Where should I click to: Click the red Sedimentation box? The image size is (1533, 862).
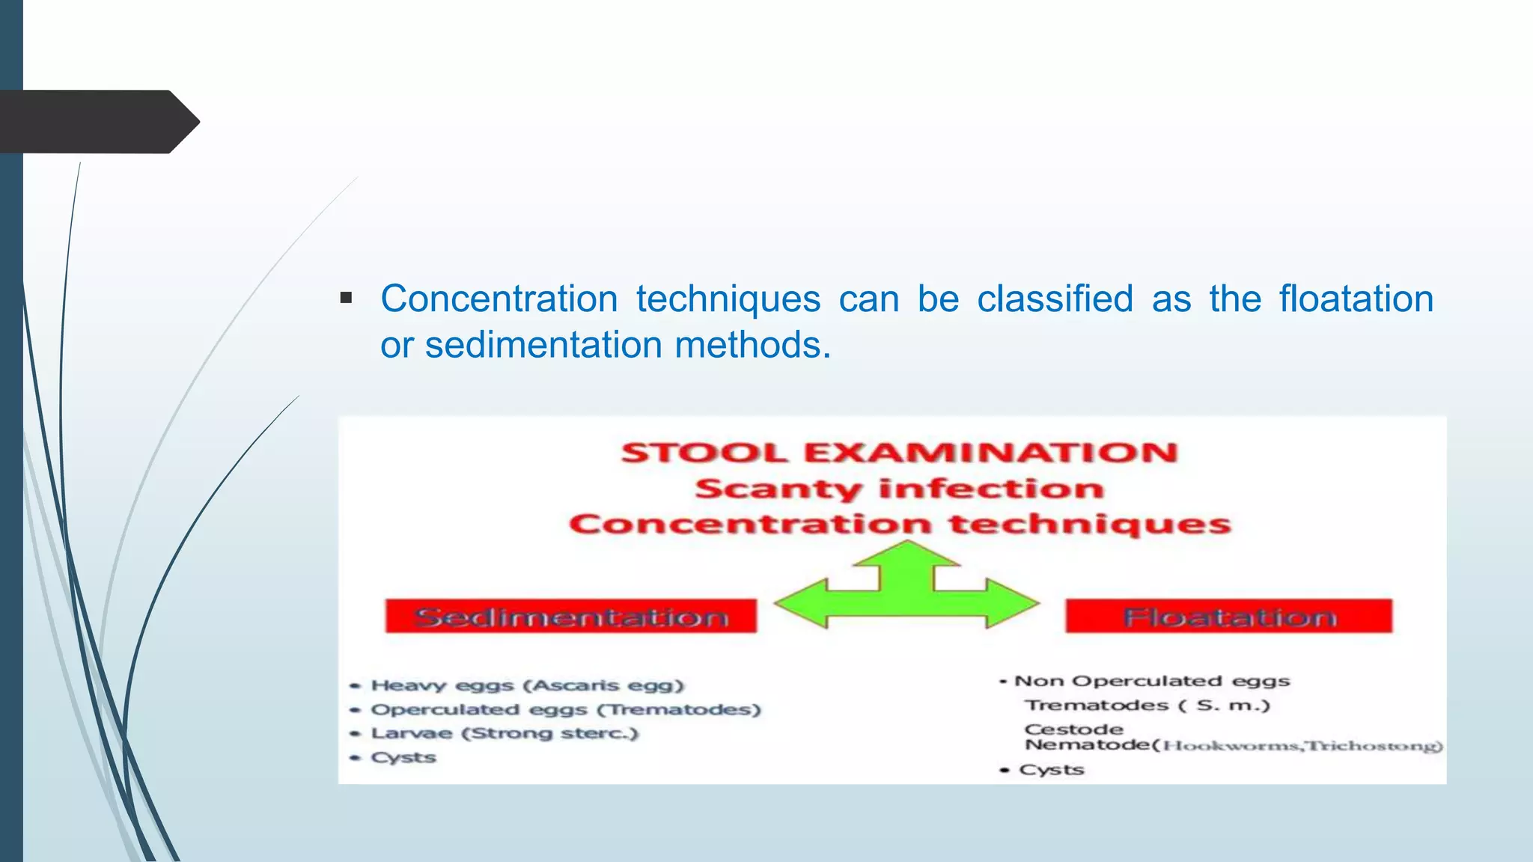tap(570, 617)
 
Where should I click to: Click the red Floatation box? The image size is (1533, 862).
tap(1228, 617)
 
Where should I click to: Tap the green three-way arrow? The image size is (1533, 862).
tap(906, 591)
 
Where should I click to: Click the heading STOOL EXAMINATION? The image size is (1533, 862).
tap(899, 453)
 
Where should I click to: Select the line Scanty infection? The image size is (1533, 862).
tap(899, 489)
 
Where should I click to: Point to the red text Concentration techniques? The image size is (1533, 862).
tap(899, 524)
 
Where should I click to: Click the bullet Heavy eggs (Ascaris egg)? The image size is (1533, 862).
tap(527, 685)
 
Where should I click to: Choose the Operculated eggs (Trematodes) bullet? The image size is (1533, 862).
tap(565, 709)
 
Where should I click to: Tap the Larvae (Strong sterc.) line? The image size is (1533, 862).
tap(505, 733)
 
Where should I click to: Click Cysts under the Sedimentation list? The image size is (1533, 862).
tap(403, 757)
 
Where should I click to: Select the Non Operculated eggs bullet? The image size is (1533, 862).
tap(1151, 681)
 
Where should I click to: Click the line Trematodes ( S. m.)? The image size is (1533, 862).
tap(1147, 705)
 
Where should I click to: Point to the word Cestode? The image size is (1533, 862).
tap(1073, 729)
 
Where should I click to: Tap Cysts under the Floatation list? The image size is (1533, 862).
tap(1051, 769)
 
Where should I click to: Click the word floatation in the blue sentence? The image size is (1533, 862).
tap(1356, 299)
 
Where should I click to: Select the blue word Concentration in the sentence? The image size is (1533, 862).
tap(499, 299)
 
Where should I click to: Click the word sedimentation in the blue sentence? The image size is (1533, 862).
tap(543, 345)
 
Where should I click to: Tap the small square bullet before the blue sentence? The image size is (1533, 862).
tap(346, 299)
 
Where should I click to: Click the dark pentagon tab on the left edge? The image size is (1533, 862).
tap(97, 122)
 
